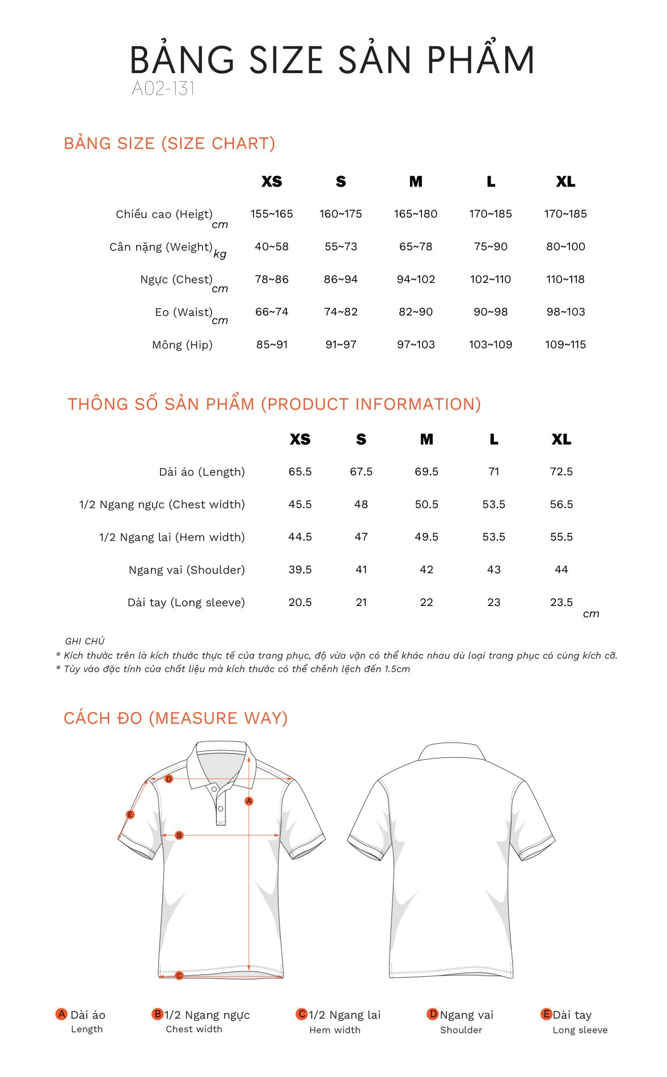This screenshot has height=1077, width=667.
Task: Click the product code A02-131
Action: coord(163,88)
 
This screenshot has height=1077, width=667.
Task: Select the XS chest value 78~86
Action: coord(272,279)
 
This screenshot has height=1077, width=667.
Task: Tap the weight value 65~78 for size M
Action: coord(416,247)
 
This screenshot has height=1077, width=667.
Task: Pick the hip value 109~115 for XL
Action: coord(565,345)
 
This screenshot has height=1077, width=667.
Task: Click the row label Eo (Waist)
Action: coord(183,312)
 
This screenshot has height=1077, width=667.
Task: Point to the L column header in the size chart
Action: coord(491,182)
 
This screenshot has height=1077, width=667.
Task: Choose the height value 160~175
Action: coord(340,214)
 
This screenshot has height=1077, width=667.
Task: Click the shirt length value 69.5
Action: coord(427,472)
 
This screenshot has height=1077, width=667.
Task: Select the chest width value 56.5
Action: coord(562,504)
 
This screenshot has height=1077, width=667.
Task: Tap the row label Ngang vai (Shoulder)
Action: coord(187,570)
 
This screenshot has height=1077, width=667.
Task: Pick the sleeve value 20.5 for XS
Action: coord(300,603)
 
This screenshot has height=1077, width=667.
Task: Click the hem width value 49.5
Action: coord(427,537)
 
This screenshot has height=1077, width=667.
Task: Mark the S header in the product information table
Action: coord(361,439)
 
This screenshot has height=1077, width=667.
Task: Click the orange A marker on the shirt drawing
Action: coord(249,801)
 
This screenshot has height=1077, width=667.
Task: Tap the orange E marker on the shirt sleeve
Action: coord(130,815)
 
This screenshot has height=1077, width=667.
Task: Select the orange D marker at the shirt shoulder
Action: coord(168,779)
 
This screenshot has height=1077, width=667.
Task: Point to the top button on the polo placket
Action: coord(214,789)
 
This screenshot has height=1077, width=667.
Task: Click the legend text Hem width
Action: coord(335,1030)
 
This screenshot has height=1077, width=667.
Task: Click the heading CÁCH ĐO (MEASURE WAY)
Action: coord(176,718)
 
